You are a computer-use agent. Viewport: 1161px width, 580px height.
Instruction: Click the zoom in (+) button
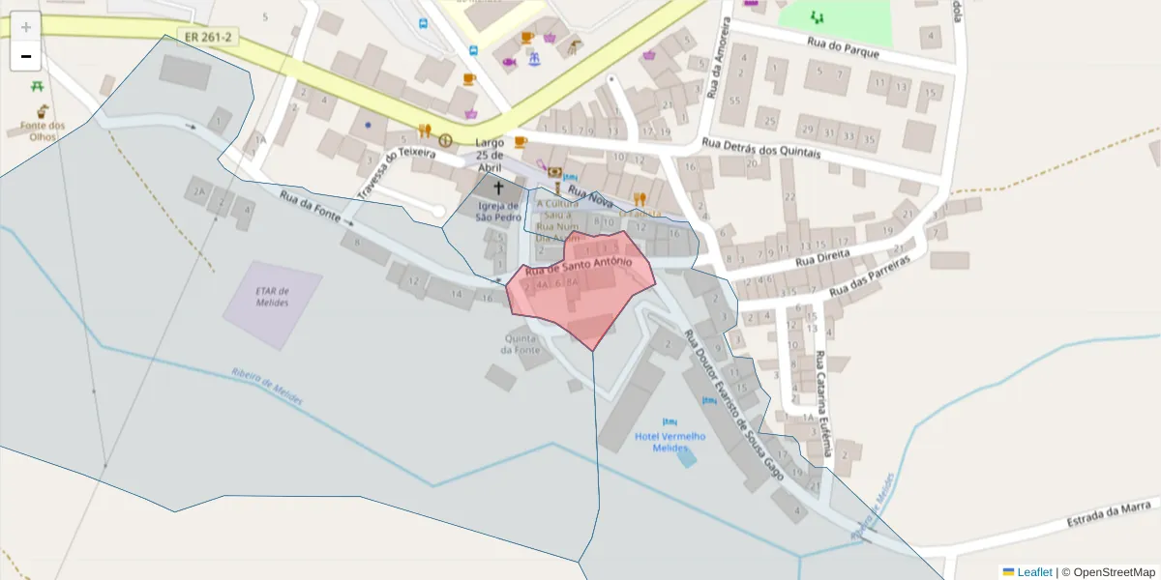click(26, 27)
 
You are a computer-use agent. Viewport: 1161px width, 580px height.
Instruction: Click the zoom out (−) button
click(26, 56)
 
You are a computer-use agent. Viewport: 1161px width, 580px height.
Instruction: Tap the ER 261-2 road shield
click(206, 37)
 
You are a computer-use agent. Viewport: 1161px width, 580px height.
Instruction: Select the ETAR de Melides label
click(272, 297)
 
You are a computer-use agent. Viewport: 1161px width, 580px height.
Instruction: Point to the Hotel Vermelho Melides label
click(670, 442)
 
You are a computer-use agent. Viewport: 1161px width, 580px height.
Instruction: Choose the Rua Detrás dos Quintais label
click(760, 148)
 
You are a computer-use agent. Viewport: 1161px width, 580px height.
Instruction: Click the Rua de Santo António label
click(579, 266)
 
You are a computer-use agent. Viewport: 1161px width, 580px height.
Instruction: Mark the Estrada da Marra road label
click(1110, 513)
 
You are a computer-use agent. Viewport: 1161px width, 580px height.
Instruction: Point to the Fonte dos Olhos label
click(43, 130)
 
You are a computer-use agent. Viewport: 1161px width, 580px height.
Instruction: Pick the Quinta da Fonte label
click(521, 343)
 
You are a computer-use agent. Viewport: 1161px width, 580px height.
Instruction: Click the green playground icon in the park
click(818, 16)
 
